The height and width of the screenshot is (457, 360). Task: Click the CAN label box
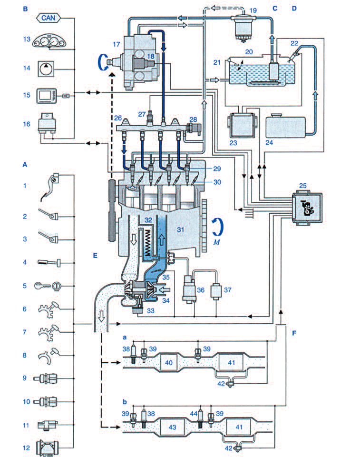[x=50, y=19]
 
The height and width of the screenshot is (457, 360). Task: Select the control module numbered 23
[x=242, y=125]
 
